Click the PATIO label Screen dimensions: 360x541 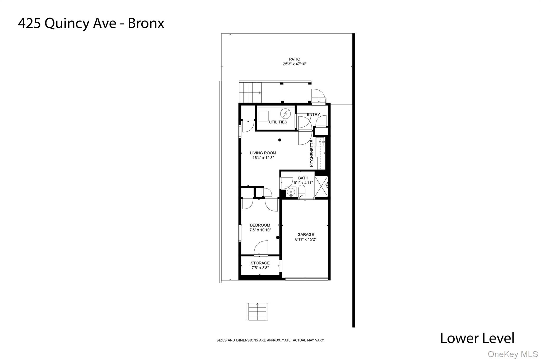point(295,59)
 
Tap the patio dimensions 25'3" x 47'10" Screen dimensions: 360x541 point(295,64)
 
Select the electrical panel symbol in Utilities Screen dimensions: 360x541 point(285,114)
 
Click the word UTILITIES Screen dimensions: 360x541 point(278,122)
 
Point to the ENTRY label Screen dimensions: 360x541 point(313,115)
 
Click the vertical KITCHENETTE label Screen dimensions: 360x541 point(312,153)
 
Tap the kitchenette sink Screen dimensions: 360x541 point(320,142)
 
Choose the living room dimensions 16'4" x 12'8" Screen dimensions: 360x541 point(263,158)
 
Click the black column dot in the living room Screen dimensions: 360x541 point(280,140)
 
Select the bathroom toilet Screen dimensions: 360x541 point(302,191)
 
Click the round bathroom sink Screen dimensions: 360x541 point(291,192)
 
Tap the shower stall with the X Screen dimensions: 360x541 point(321,186)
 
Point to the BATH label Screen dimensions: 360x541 point(303,178)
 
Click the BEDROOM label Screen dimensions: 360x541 point(260,225)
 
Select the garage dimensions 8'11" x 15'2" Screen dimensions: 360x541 point(306,239)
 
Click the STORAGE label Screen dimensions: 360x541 point(260,263)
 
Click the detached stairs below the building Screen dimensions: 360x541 point(257,312)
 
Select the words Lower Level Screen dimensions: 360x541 point(477,338)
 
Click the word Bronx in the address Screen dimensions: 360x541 point(146,23)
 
